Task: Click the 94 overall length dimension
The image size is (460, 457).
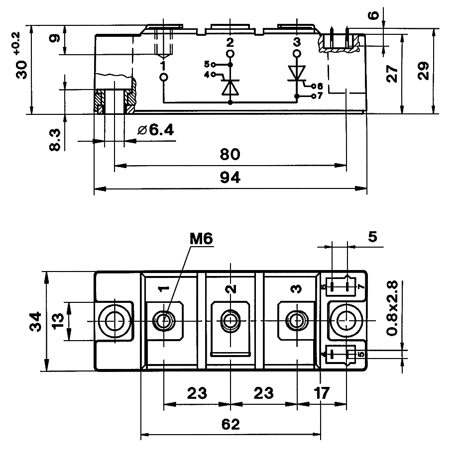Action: click(230, 178)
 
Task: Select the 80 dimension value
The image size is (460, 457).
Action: click(230, 155)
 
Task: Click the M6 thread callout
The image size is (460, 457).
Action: click(201, 239)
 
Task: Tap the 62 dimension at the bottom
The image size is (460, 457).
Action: click(230, 424)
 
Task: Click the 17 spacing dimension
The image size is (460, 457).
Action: click(322, 393)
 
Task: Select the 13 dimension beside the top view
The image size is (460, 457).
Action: click(58, 321)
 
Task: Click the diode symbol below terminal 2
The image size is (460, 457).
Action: click(230, 87)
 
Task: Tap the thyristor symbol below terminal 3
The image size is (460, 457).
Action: click(297, 73)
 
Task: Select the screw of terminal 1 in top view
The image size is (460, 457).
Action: click(163, 320)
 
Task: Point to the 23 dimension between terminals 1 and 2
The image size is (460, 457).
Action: click(197, 393)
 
